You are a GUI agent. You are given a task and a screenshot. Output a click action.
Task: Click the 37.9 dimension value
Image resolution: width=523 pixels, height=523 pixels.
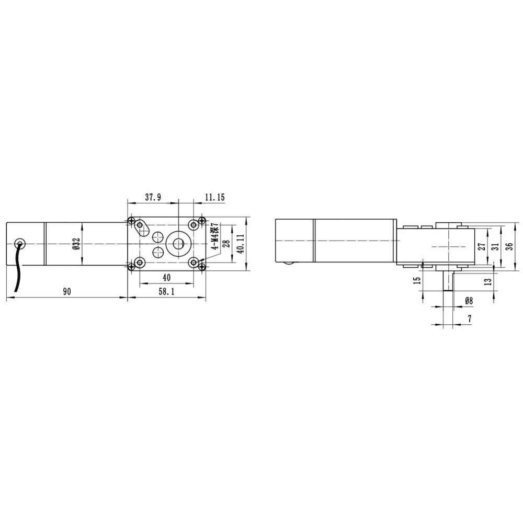tap(153, 197)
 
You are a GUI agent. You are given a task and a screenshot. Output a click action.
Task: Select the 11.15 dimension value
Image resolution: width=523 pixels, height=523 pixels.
tap(215, 197)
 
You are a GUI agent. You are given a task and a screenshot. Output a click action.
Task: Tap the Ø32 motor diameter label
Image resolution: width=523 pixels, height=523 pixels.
tap(76, 245)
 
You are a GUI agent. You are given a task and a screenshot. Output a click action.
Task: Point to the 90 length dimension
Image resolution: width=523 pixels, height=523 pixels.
tap(67, 291)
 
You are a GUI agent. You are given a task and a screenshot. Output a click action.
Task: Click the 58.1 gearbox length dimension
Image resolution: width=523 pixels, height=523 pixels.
tap(166, 291)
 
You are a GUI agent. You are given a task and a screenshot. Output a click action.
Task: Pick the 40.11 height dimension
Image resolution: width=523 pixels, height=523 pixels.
tap(241, 244)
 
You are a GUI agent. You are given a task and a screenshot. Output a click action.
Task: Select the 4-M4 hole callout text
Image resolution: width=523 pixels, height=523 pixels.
tap(215, 236)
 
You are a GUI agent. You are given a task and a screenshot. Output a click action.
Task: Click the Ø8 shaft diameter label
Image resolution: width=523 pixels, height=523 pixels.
tap(469, 301)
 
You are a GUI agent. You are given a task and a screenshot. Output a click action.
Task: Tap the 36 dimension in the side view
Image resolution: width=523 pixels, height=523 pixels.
tap(509, 247)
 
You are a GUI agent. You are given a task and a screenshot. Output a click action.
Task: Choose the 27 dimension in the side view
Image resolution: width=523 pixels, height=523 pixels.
tap(482, 247)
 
